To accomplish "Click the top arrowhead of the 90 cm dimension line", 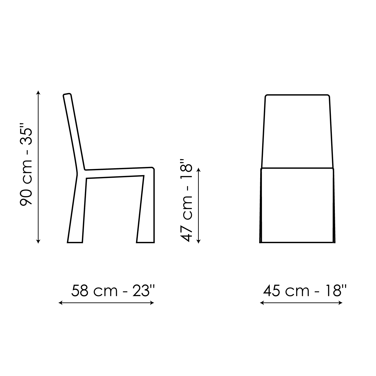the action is tap(38, 92).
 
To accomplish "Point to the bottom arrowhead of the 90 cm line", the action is tap(38, 241).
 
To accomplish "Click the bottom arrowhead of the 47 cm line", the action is tap(199, 241).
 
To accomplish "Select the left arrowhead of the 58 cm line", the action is tap(60, 303).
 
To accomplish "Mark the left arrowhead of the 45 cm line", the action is tap(262, 303).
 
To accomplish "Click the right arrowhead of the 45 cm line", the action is tap(341, 303).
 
